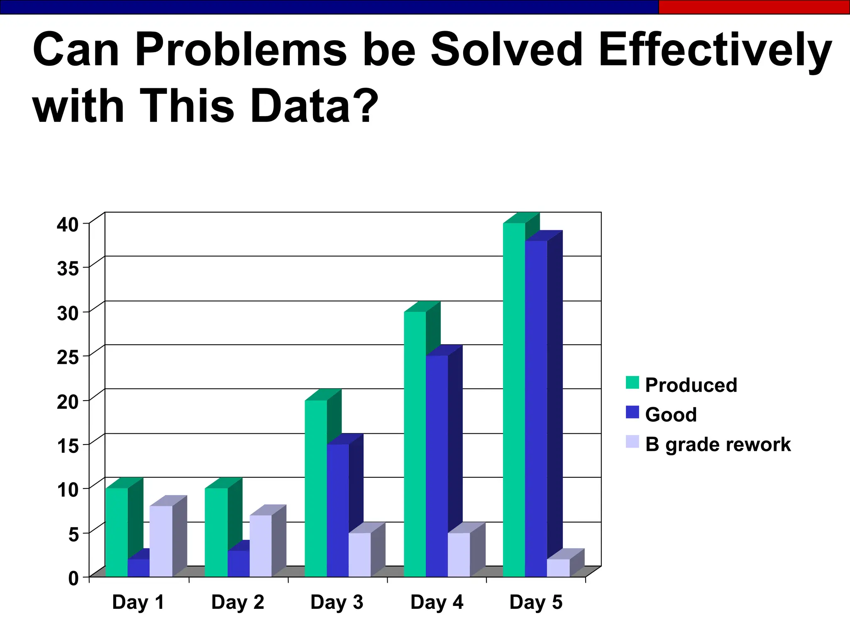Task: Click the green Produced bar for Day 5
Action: click(514, 400)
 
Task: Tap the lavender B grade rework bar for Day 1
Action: click(161, 541)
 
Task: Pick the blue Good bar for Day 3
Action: click(337, 510)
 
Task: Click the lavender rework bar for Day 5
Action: click(558, 568)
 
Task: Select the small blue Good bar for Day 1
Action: click(138, 568)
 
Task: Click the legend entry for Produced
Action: click(691, 385)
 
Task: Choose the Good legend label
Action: click(671, 415)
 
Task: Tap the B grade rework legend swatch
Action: click(632, 442)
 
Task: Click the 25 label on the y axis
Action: click(68, 357)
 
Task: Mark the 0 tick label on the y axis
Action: click(73, 578)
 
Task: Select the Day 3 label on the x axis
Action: click(337, 602)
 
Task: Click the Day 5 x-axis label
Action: click(536, 602)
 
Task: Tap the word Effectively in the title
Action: click(715, 51)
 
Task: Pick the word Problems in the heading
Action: click(241, 50)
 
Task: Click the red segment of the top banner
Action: click(754, 7)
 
